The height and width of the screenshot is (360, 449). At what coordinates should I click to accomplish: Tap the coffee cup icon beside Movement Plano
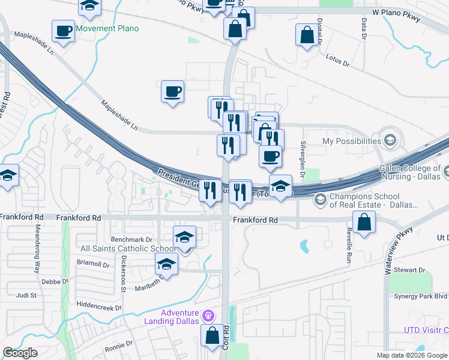pos(62,31)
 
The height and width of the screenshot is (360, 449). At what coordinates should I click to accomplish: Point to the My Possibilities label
pos(352,141)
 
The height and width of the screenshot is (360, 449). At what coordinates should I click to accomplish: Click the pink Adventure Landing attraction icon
pos(208,314)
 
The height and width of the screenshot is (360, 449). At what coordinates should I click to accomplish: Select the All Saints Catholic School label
pos(129,248)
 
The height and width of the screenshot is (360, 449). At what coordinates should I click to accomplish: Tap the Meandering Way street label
pos(37,249)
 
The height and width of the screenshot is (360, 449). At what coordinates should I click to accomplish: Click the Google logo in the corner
pos(20,353)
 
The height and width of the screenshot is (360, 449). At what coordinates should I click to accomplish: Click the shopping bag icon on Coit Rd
pos(212,336)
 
